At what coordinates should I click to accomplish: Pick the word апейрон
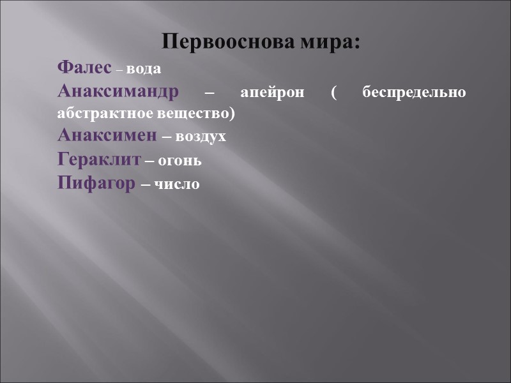click(x=269, y=93)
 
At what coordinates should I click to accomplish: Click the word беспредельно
click(x=414, y=93)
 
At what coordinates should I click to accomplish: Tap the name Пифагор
click(x=96, y=184)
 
